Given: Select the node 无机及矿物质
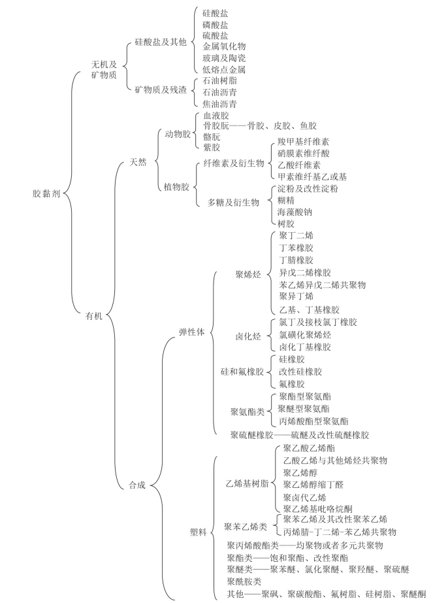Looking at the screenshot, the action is coord(104,69).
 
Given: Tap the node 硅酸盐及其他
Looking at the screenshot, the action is coord(161,42).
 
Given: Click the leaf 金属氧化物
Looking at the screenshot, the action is coord(224,46).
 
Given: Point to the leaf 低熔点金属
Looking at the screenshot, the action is coord(224,69).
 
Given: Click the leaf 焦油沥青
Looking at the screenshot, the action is coord(219,103).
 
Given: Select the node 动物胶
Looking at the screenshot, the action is coord(178,134).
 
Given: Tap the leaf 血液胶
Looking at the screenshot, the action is coord(216,115).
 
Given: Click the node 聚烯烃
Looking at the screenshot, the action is coord(248,274).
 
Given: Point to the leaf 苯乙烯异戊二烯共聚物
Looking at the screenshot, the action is coord(322,285).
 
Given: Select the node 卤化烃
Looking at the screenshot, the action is coord(248,336).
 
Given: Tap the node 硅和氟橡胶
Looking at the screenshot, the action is coord(242,372).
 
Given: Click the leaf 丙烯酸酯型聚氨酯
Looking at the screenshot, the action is coord(313,421).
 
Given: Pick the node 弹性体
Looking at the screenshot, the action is coord(191,332).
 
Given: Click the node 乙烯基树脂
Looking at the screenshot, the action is coord(247,484).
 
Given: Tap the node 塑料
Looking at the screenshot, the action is coord(198,532).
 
